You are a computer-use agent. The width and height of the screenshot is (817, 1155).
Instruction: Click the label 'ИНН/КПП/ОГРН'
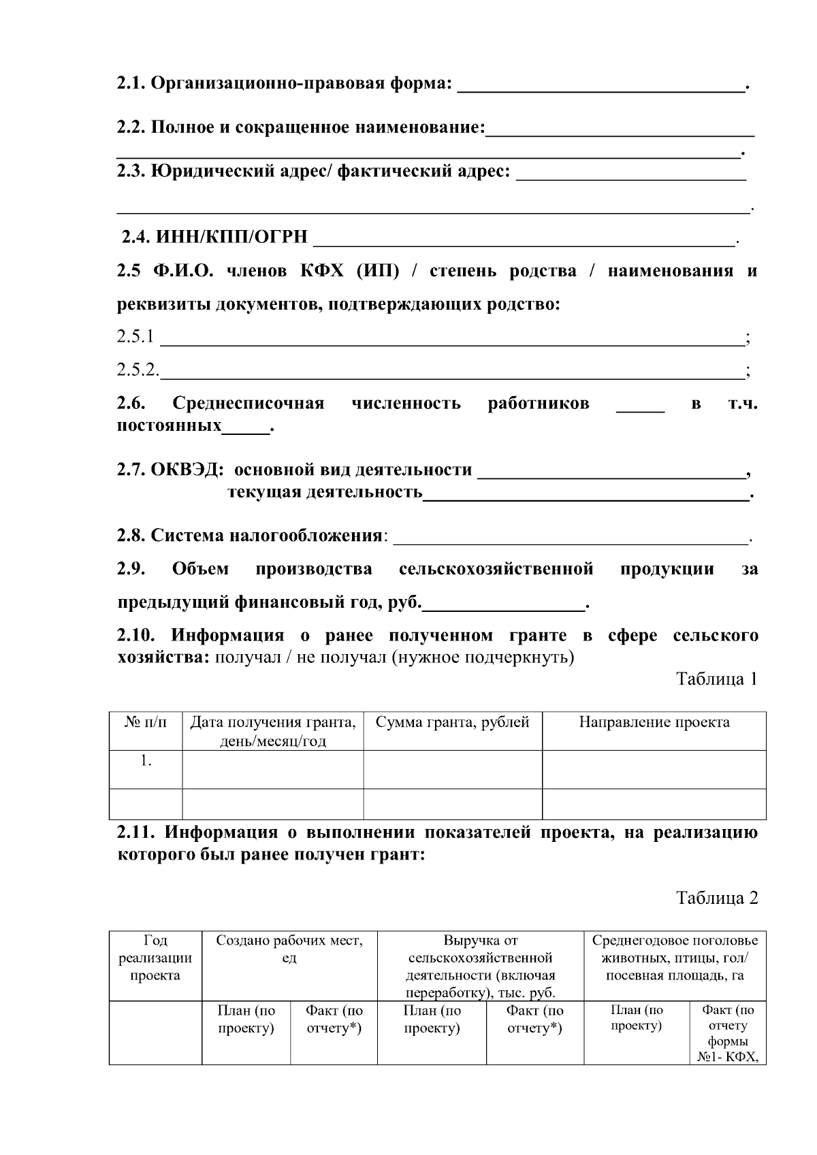tap(231, 238)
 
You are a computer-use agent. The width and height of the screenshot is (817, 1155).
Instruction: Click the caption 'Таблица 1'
tap(716, 679)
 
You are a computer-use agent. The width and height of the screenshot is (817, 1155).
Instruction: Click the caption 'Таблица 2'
tap(716, 898)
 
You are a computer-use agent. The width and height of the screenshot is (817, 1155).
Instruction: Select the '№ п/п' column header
tap(146, 723)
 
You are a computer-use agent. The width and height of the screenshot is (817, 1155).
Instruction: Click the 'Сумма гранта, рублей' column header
tap(452, 723)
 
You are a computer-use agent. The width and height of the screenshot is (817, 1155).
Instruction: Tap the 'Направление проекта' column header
tap(654, 723)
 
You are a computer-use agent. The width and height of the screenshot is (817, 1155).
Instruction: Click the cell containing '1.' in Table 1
tap(146, 762)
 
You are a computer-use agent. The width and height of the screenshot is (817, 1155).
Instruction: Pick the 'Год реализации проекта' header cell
tap(155, 958)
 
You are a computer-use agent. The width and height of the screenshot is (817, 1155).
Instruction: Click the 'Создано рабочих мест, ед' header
tap(289, 949)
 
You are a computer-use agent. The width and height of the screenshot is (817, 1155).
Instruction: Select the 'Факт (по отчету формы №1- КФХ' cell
tap(728, 1034)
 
